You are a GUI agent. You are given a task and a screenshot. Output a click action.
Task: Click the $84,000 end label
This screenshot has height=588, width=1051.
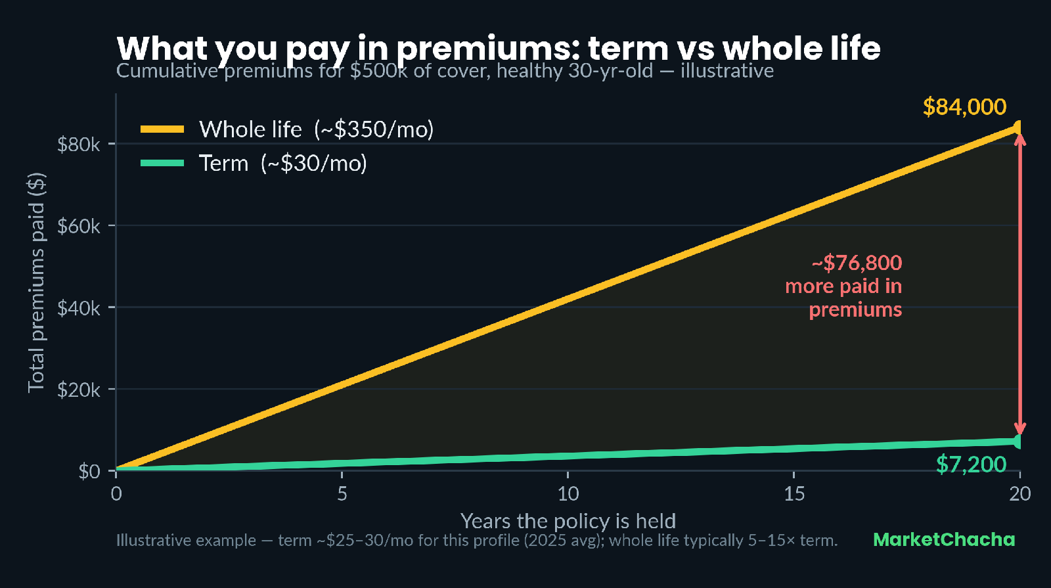click(x=964, y=107)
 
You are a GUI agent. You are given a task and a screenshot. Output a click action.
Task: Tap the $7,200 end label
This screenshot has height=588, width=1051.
click(x=972, y=464)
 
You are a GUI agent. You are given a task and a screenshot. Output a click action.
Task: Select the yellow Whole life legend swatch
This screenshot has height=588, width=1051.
click(x=162, y=129)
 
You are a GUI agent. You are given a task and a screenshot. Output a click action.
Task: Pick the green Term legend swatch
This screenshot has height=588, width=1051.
click(x=162, y=164)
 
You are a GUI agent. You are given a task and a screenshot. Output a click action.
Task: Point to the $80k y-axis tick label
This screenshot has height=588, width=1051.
click(x=78, y=145)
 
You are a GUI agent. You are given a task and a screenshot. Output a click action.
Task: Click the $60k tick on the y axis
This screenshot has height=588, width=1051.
click(x=78, y=226)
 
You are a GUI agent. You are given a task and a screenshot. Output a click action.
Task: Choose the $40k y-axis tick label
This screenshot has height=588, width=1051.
click(x=78, y=308)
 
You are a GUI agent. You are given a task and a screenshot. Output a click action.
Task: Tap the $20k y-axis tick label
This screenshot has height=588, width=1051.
click(x=78, y=390)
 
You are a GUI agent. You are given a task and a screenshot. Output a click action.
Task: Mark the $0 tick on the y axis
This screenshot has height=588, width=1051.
click(x=89, y=471)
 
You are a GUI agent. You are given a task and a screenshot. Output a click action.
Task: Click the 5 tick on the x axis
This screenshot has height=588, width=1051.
click(x=342, y=493)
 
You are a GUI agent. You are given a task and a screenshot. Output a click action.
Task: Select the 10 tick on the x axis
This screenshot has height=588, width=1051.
click(x=568, y=493)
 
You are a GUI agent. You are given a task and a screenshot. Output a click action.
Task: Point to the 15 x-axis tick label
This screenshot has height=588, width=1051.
click(x=794, y=493)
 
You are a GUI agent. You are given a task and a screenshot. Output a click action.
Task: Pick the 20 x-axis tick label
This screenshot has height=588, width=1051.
click(x=1020, y=493)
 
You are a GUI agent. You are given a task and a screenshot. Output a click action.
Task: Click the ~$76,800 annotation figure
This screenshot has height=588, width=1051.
click(x=857, y=263)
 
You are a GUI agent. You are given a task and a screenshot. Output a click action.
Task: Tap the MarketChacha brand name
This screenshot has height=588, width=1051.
click(x=944, y=539)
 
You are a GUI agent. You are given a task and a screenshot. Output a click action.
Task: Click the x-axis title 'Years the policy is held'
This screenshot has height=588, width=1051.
click(x=568, y=521)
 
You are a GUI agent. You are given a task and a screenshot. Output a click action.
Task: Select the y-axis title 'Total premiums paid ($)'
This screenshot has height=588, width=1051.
click(x=37, y=283)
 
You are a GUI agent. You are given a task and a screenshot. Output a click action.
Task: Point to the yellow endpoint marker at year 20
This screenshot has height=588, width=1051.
click(x=1017, y=127)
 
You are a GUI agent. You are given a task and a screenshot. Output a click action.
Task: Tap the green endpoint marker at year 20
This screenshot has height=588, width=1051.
click(x=1017, y=441)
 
